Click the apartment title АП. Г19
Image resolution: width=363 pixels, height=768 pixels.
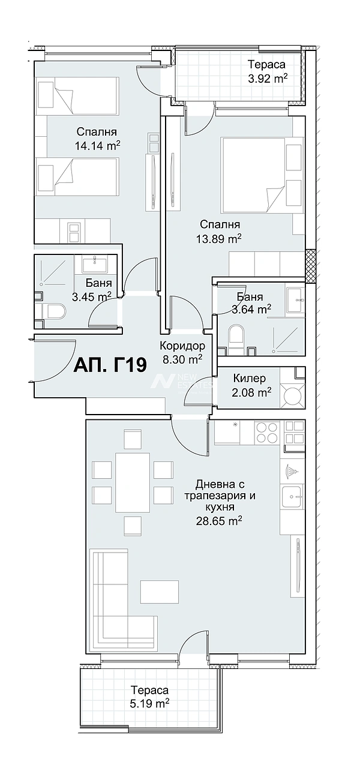[x=110, y=365]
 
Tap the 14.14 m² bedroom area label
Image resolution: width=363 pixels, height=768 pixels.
[x=97, y=146]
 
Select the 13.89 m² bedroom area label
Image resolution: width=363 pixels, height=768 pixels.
[x=218, y=239]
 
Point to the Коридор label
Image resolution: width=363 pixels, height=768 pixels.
[x=182, y=346]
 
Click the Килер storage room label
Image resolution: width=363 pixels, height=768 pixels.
[x=249, y=378]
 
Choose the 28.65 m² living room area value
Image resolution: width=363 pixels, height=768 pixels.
[x=219, y=521]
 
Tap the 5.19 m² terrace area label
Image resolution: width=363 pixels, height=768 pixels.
[x=149, y=704]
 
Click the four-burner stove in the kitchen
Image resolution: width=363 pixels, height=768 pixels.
[x=267, y=433]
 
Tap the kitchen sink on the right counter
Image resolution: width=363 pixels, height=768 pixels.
[x=292, y=496]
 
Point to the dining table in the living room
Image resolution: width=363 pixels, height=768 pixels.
[x=133, y=482]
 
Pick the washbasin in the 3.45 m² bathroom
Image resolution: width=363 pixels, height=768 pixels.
[x=94, y=263]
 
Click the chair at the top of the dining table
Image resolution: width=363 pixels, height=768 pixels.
[x=133, y=438]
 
